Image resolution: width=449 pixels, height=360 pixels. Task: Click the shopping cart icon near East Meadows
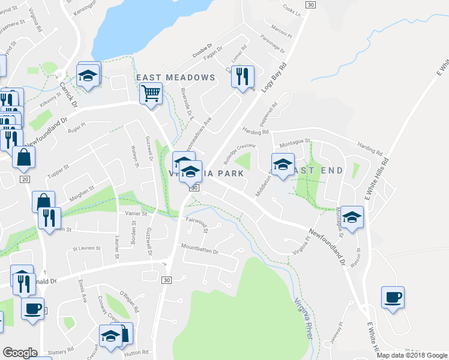[151, 93]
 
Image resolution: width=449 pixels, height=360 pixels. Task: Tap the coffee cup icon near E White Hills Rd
[393, 297]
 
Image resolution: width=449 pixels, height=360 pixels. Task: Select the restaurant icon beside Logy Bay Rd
[243, 76]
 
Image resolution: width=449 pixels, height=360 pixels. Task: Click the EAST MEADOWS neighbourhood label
[175, 78]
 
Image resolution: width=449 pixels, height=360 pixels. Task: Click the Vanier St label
[136, 214]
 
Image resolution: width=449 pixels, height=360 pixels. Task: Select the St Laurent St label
[85, 248]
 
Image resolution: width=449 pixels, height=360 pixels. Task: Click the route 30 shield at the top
[310, 5]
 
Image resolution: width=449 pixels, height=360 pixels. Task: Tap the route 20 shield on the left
[25, 179]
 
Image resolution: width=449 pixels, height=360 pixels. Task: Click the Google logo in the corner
[20, 353]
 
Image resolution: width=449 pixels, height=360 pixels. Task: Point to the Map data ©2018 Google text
[412, 355]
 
